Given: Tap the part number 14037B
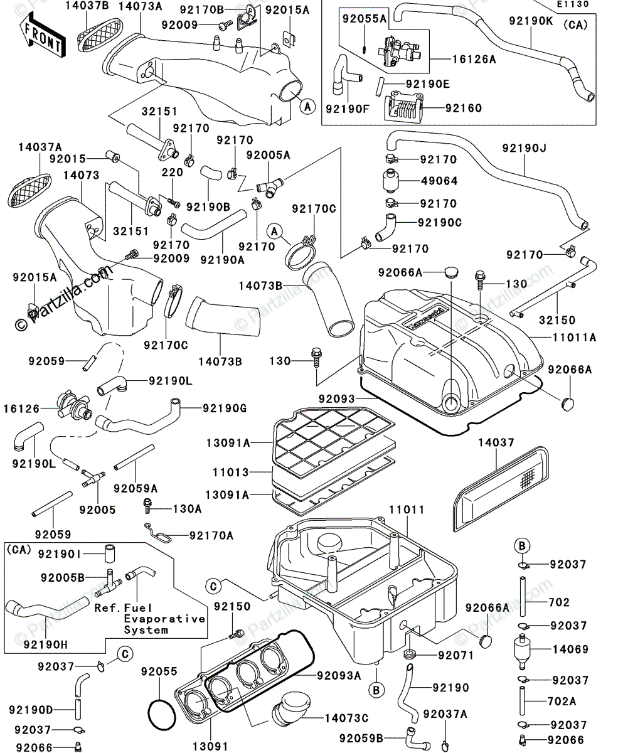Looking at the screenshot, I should [88, 7].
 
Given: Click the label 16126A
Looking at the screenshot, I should [475, 60].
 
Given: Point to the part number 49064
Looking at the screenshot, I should [439, 181].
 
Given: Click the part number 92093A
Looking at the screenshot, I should [339, 676].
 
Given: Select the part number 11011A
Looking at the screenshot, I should [574, 337].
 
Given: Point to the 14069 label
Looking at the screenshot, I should [570, 649].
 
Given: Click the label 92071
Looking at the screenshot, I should [451, 656].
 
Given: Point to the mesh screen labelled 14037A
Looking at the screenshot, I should [31, 184].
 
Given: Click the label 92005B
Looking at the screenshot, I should [80, 577].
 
